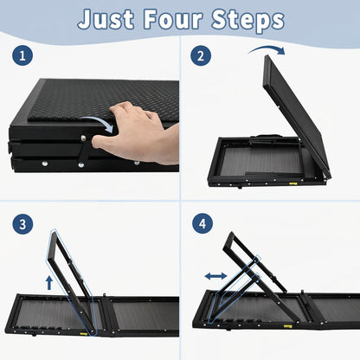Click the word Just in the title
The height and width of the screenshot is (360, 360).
(x=106, y=19)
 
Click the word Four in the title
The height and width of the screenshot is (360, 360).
(x=172, y=19)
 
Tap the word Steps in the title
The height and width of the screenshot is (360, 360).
(x=247, y=20)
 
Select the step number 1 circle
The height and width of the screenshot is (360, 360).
(x=22, y=55)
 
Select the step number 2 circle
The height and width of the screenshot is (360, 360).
(x=201, y=55)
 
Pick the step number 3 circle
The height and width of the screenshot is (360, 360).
(x=22, y=224)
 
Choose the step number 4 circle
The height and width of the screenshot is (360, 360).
(x=202, y=223)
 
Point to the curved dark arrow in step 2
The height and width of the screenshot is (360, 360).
(x=267, y=48)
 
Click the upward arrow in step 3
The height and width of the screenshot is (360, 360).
(x=49, y=282)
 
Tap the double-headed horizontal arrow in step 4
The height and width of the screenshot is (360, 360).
(x=215, y=276)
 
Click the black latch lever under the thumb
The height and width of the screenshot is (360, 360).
(x=84, y=150)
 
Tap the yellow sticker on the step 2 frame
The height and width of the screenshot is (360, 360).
(x=293, y=183)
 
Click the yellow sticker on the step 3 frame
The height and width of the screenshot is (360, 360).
(x=84, y=333)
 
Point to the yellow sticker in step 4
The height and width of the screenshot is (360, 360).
(x=287, y=326)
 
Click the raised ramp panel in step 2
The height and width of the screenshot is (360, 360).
(x=296, y=115)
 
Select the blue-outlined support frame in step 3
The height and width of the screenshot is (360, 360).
(x=71, y=281)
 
